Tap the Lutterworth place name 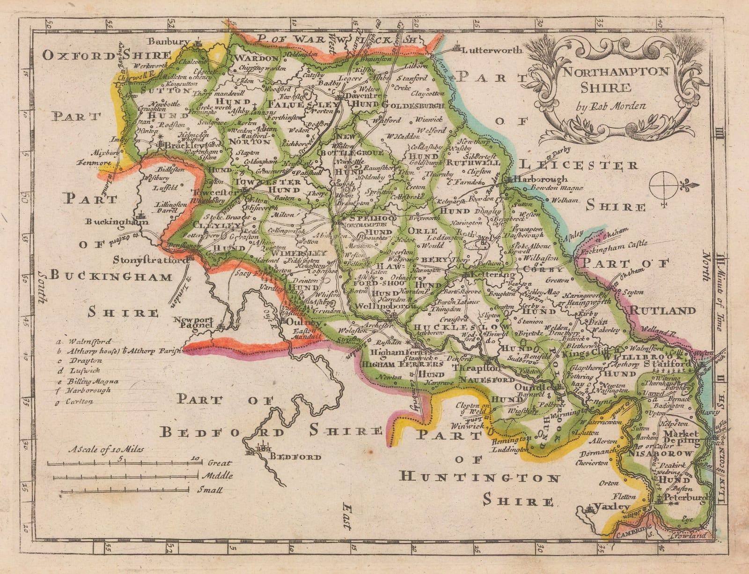tap(489, 49)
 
